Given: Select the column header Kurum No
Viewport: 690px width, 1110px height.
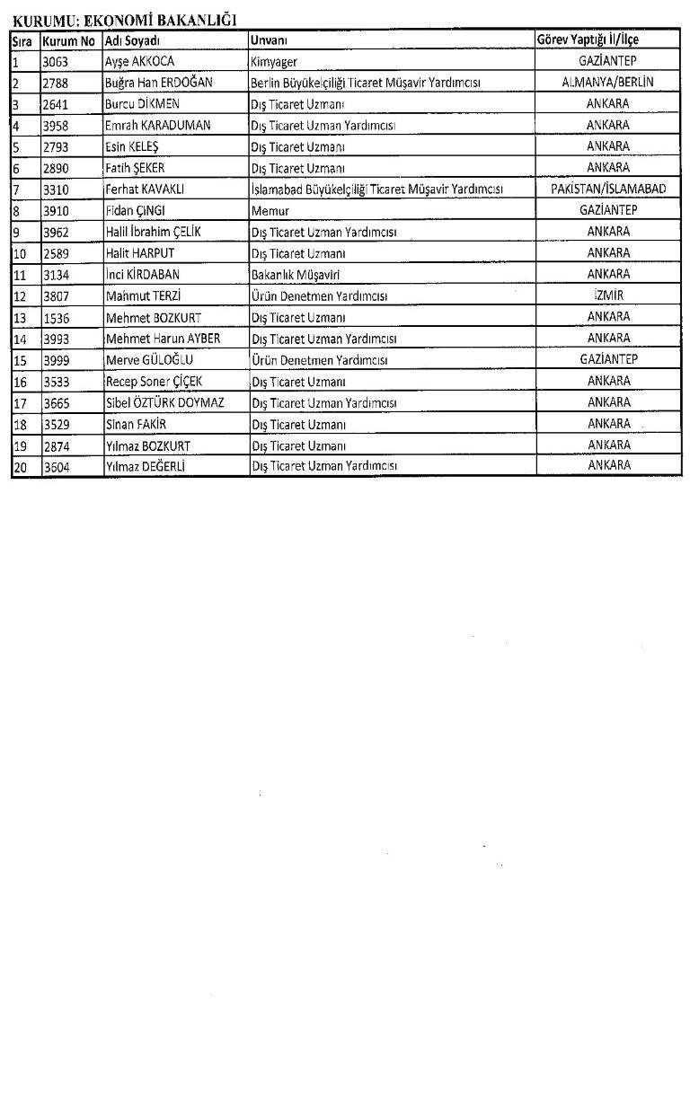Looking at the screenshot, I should [68, 40].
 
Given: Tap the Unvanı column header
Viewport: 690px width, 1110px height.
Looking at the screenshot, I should [269, 40].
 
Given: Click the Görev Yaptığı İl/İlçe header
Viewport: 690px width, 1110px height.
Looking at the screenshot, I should [588, 40].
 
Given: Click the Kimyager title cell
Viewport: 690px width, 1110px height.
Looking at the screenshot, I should [274, 61].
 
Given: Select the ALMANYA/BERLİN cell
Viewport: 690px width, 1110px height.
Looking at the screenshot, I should [607, 82].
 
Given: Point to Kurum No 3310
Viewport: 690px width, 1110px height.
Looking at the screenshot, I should [56, 189].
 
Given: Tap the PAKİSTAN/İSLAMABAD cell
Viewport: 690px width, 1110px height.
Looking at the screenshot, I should [607, 189].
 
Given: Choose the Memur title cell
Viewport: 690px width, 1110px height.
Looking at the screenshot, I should [268, 210].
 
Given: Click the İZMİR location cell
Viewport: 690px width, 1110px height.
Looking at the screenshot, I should [608, 295].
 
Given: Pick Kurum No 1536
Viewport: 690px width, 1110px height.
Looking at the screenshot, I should [56, 318].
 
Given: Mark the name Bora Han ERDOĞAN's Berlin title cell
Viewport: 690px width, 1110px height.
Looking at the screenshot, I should [366, 83].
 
